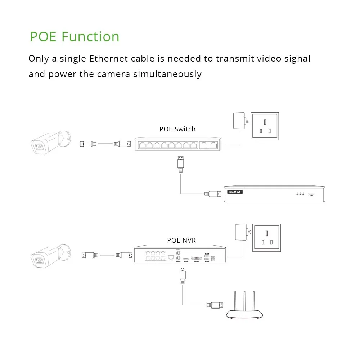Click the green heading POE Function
(75, 37)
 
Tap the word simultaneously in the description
(167, 74)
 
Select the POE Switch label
(177, 129)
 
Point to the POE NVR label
(181, 240)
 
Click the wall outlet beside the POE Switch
(265, 126)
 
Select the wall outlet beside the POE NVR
(267, 237)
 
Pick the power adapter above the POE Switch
(239, 121)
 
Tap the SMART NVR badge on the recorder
(235, 192)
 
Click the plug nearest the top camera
(88, 144)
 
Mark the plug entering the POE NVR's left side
(124, 255)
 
